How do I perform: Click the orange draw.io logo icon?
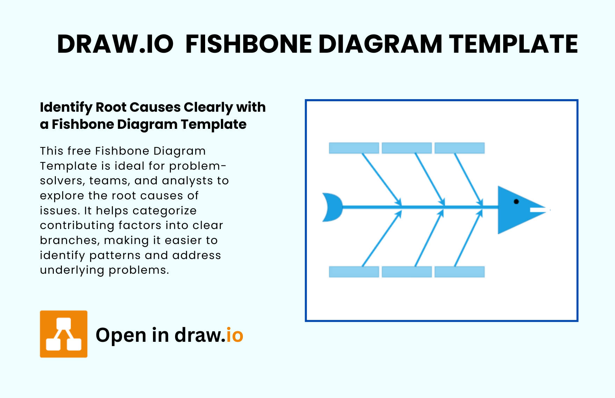tap(64, 334)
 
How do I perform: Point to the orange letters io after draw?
tap(234, 335)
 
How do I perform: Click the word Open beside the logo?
tap(121, 336)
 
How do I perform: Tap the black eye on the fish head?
tap(516, 201)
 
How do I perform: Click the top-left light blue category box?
tap(354, 148)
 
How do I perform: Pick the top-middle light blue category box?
tap(407, 148)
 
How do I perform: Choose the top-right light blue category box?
tap(460, 148)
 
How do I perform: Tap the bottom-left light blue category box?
tap(354, 272)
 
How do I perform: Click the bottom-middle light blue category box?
tap(407, 272)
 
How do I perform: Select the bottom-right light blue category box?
tap(460, 272)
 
